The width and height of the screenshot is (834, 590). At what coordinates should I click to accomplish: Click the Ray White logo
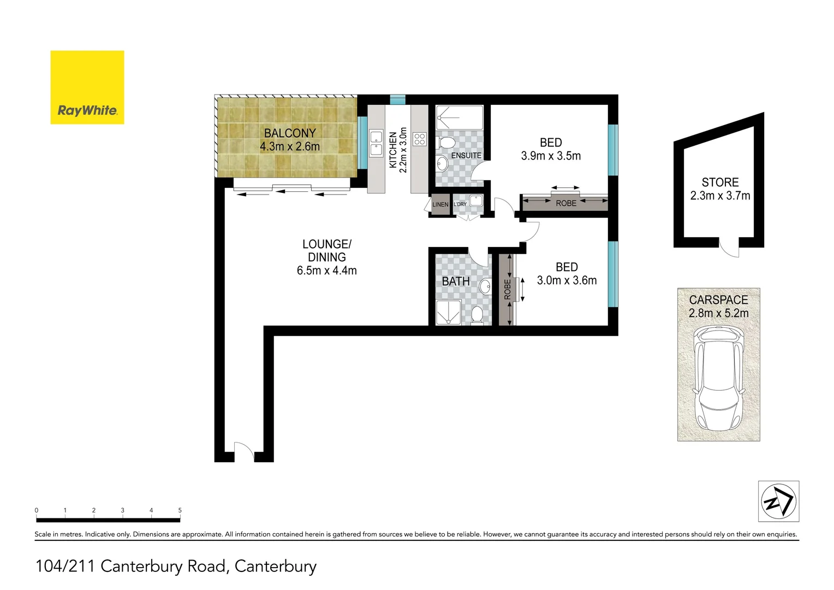point(87,87)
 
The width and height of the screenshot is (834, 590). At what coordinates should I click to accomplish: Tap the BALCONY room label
point(290,133)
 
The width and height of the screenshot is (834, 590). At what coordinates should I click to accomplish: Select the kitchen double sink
point(376,143)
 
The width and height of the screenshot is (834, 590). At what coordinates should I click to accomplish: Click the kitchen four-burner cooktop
point(419,139)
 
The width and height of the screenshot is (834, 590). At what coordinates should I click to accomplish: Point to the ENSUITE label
point(466,156)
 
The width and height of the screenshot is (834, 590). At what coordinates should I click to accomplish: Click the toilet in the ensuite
point(446,143)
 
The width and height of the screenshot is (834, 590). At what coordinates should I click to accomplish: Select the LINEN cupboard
point(440,204)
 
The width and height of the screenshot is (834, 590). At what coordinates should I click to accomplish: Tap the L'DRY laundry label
point(460,204)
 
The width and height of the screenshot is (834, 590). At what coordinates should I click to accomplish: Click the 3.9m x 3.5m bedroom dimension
point(551,156)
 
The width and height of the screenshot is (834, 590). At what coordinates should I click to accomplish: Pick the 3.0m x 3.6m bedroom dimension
point(567,281)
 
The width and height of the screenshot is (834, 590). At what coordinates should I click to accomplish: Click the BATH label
point(456,281)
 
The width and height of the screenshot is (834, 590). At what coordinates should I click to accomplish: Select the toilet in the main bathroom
point(477,316)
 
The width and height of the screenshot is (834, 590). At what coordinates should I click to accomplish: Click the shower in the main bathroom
point(448,312)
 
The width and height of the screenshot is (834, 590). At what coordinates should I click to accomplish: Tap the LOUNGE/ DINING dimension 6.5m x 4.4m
point(326,270)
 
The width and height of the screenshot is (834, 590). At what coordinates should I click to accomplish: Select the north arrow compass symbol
point(778,501)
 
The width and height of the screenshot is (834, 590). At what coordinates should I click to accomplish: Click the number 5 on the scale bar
point(180,510)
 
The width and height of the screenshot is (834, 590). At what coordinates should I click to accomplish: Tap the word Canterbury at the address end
point(275,566)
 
